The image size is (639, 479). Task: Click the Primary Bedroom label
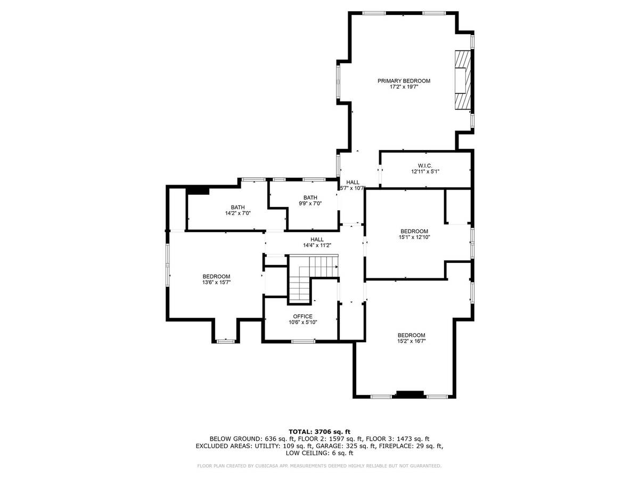[x=404, y=81]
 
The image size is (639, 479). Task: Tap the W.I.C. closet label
[x=425, y=166]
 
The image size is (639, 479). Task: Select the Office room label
[x=303, y=317]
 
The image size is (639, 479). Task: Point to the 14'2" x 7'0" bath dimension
[x=238, y=213]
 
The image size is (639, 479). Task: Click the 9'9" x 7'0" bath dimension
[x=310, y=203]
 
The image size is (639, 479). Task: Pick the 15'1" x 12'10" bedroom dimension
[x=414, y=237]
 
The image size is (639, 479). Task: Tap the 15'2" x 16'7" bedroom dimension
[x=411, y=341]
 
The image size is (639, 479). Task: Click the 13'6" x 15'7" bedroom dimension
[x=216, y=282]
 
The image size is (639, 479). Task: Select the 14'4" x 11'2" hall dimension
[x=317, y=245]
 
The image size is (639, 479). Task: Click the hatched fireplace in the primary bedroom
[x=463, y=80]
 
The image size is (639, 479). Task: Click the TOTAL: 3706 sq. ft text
[x=319, y=432]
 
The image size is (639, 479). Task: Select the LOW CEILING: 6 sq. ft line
[x=319, y=453]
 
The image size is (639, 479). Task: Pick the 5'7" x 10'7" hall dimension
[x=353, y=188]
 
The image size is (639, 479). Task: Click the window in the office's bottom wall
[x=303, y=341]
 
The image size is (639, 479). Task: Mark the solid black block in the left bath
[x=198, y=191]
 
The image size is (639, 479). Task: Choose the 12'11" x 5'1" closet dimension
[x=425, y=171]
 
